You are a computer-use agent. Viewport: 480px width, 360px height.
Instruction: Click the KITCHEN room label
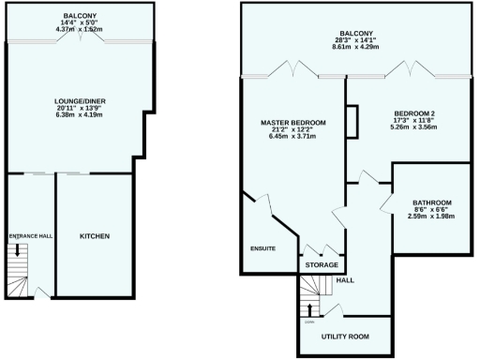[x=95, y=235]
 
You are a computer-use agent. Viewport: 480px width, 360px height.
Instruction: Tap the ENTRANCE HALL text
[x=29, y=235]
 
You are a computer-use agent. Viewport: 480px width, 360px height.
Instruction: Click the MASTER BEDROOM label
[x=293, y=123]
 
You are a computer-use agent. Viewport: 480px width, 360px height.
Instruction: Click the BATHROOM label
[x=432, y=202]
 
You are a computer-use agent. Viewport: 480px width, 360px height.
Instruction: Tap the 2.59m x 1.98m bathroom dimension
[x=432, y=217]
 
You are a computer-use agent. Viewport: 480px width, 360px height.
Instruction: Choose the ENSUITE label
[x=262, y=248]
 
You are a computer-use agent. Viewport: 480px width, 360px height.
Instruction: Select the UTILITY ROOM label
[x=344, y=336]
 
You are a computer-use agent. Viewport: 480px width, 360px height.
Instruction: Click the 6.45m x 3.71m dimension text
[x=293, y=137]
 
